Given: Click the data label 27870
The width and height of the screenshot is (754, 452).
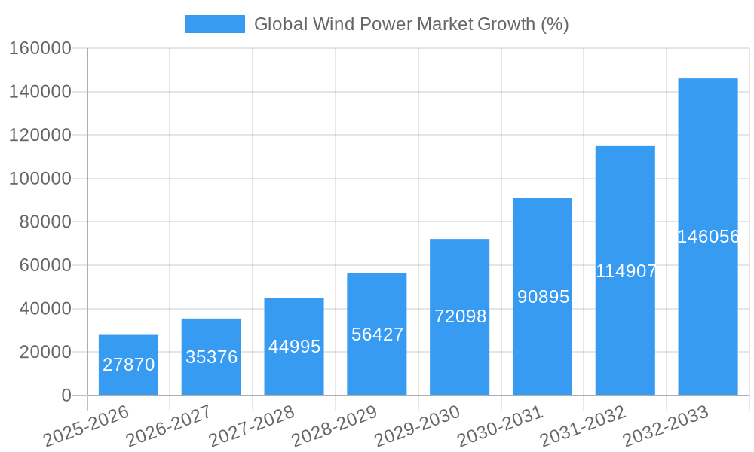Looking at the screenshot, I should click(x=128, y=365).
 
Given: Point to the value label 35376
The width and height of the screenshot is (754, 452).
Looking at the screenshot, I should click(x=211, y=357).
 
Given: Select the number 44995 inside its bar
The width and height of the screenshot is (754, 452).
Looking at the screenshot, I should click(x=294, y=347).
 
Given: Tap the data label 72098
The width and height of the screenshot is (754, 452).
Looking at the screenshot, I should click(x=460, y=316).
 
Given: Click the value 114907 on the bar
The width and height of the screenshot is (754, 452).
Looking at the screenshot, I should click(x=626, y=271).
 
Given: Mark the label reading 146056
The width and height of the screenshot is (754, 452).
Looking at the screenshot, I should click(x=708, y=237).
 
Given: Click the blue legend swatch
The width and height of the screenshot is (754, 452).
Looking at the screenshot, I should click(x=214, y=24).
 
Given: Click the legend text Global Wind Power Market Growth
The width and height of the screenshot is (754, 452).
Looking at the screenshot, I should click(x=411, y=24).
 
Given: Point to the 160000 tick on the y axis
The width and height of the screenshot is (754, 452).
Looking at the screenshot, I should click(x=40, y=48).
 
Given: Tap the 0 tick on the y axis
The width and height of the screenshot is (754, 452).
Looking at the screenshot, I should click(x=66, y=395).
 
